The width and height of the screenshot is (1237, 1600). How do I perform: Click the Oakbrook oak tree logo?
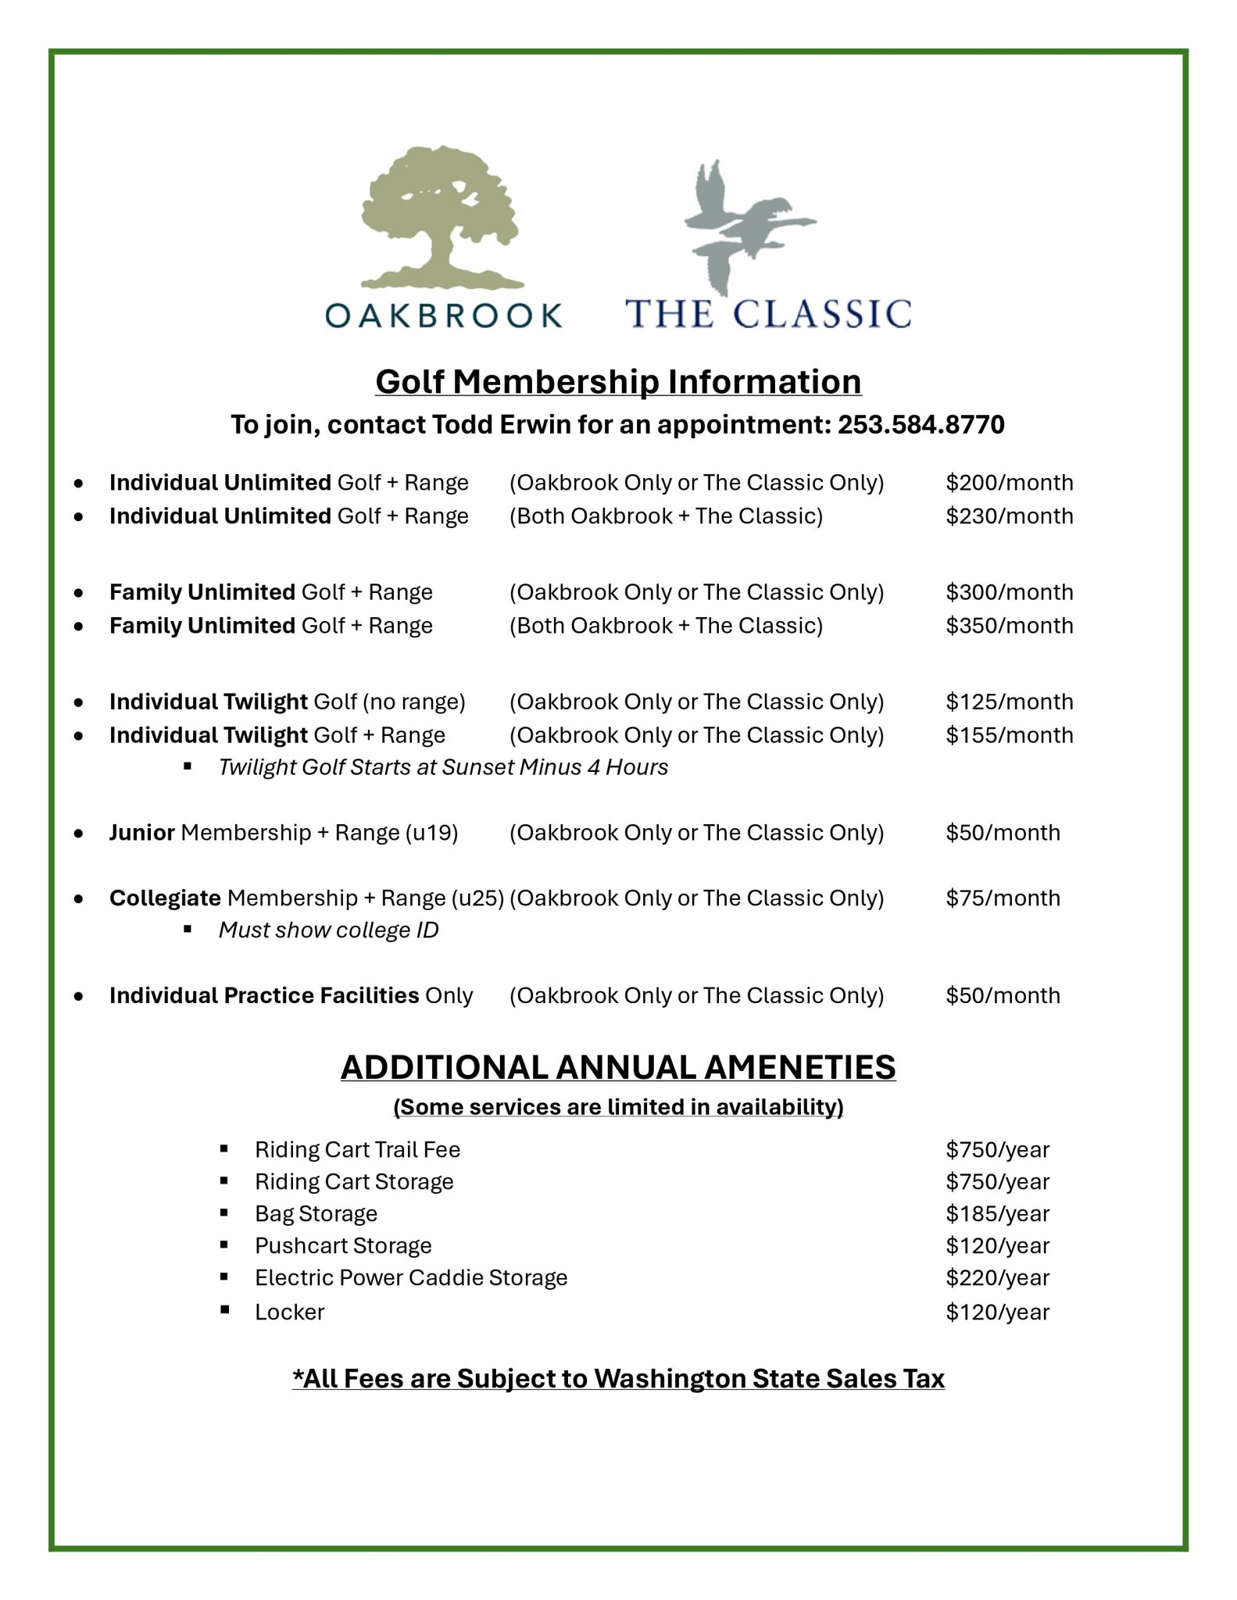tap(442, 218)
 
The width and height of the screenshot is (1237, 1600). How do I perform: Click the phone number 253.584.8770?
tap(921, 425)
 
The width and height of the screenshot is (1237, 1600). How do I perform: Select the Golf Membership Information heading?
tap(618, 382)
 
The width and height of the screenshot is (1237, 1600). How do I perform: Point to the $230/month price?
tap(1009, 516)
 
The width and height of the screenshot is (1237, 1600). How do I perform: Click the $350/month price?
tap(1009, 626)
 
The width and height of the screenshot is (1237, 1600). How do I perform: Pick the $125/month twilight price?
tap(1009, 702)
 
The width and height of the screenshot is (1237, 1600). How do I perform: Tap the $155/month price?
tap(1009, 735)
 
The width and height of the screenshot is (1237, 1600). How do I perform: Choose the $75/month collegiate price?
tap(1003, 898)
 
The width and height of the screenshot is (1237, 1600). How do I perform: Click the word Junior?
tap(141, 833)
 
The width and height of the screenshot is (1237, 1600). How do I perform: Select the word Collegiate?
tap(165, 898)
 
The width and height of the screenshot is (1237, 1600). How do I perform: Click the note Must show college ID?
tap(328, 930)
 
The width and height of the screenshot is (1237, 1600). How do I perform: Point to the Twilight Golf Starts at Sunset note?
tap(443, 767)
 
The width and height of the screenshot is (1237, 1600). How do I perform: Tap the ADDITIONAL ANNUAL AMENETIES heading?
tap(618, 1068)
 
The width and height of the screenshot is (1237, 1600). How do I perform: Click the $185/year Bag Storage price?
tap(997, 1214)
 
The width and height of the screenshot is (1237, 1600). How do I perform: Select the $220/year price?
tap(997, 1278)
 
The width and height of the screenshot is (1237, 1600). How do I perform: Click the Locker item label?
tap(289, 1312)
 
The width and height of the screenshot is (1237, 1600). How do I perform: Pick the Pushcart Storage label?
tap(343, 1246)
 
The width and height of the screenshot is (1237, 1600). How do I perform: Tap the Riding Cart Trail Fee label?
tap(357, 1150)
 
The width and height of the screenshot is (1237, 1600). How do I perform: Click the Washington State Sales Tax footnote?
tap(618, 1379)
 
